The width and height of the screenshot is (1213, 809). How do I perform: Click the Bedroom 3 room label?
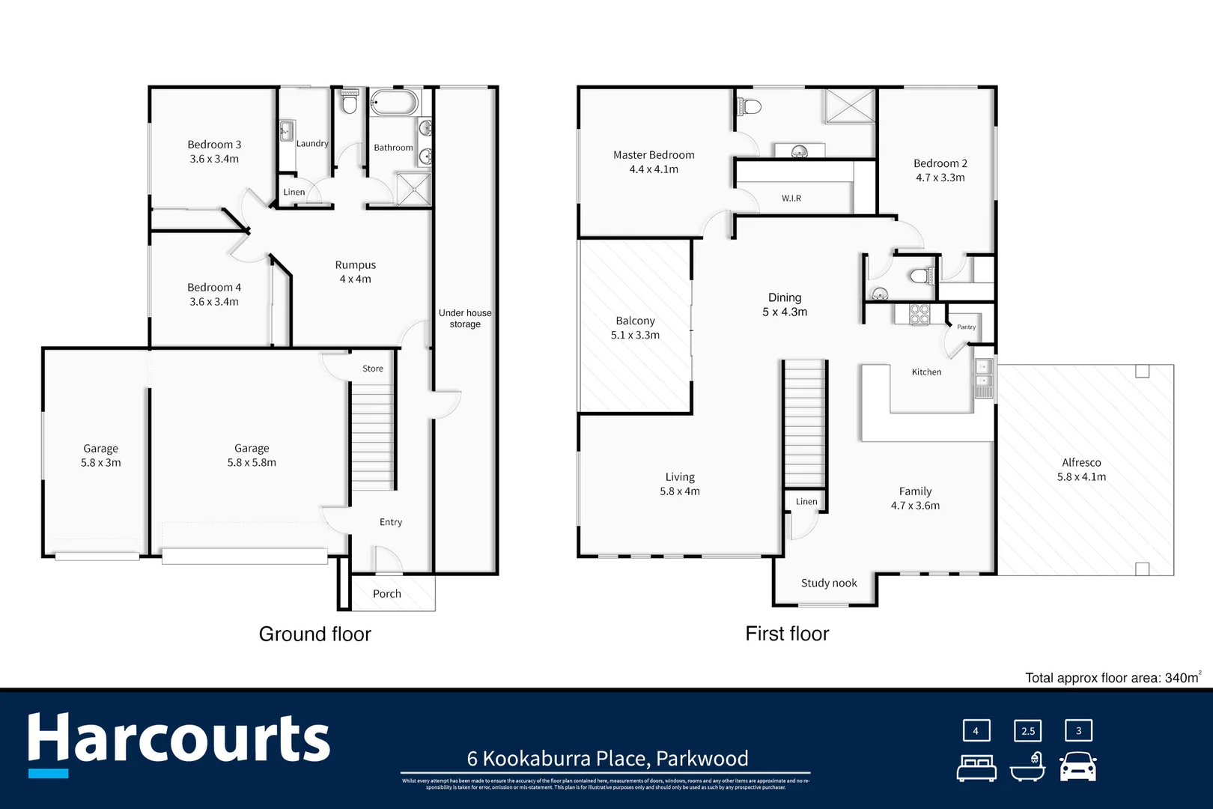click(214, 151)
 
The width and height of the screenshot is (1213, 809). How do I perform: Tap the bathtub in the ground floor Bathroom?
click(394, 103)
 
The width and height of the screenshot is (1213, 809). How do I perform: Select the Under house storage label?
click(465, 318)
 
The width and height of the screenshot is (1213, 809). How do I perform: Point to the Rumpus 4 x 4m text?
click(355, 272)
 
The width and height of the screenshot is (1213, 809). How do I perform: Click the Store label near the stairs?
click(372, 369)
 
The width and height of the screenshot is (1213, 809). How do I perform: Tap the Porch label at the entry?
click(387, 593)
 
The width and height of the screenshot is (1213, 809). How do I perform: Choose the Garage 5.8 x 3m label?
click(100, 455)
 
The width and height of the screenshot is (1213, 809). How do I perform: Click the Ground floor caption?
click(314, 634)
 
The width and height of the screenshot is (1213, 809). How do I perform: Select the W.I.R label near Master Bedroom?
click(791, 199)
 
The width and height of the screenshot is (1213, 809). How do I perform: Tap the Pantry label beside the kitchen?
click(966, 327)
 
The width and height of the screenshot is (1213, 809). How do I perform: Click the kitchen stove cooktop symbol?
click(919, 314)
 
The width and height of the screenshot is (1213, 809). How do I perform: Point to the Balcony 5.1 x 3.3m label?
click(635, 327)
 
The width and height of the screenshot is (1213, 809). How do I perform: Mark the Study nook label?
click(829, 583)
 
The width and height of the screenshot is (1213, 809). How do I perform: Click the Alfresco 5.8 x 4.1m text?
click(1081, 470)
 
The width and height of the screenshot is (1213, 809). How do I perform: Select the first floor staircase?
click(805, 423)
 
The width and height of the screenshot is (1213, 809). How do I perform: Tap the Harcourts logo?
click(178, 742)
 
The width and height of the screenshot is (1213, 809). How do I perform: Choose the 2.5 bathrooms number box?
click(1027, 731)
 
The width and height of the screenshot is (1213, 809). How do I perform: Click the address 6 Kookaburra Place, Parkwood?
click(607, 758)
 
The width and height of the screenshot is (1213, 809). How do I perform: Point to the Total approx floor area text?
click(1112, 678)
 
